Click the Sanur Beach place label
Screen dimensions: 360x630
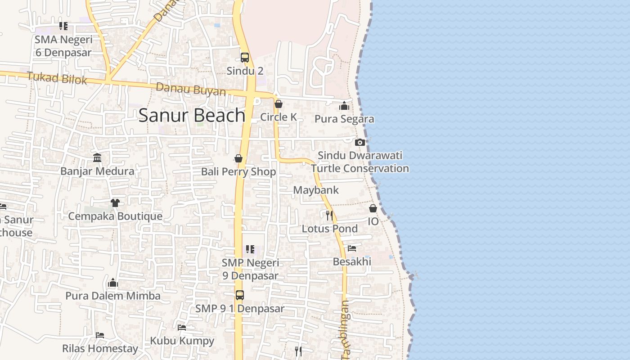click(192, 116)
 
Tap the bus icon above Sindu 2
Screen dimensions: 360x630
click(245, 58)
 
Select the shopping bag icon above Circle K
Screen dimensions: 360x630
click(279, 104)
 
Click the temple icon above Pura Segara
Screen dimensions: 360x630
click(344, 106)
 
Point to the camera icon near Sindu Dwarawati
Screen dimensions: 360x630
click(360, 142)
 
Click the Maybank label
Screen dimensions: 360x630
click(316, 190)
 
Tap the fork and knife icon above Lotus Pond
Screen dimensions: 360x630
click(329, 215)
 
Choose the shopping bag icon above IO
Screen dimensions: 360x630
click(373, 208)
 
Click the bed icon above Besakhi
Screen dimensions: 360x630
click(352, 248)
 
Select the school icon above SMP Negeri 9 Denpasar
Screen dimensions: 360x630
click(250, 249)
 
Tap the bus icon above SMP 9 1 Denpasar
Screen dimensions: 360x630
click(240, 295)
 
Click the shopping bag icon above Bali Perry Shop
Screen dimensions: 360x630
click(238, 158)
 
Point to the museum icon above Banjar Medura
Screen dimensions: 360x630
click(97, 157)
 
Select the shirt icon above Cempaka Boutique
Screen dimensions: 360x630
click(115, 202)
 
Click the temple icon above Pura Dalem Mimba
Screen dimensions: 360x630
click(113, 283)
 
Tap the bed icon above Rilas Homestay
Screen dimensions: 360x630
click(100, 335)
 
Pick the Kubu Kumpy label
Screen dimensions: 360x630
click(182, 341)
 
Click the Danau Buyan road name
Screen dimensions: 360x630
click(191, 89)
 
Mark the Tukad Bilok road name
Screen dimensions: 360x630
click(57, 78)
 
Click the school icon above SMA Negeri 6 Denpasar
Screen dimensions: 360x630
click(63, 26)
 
